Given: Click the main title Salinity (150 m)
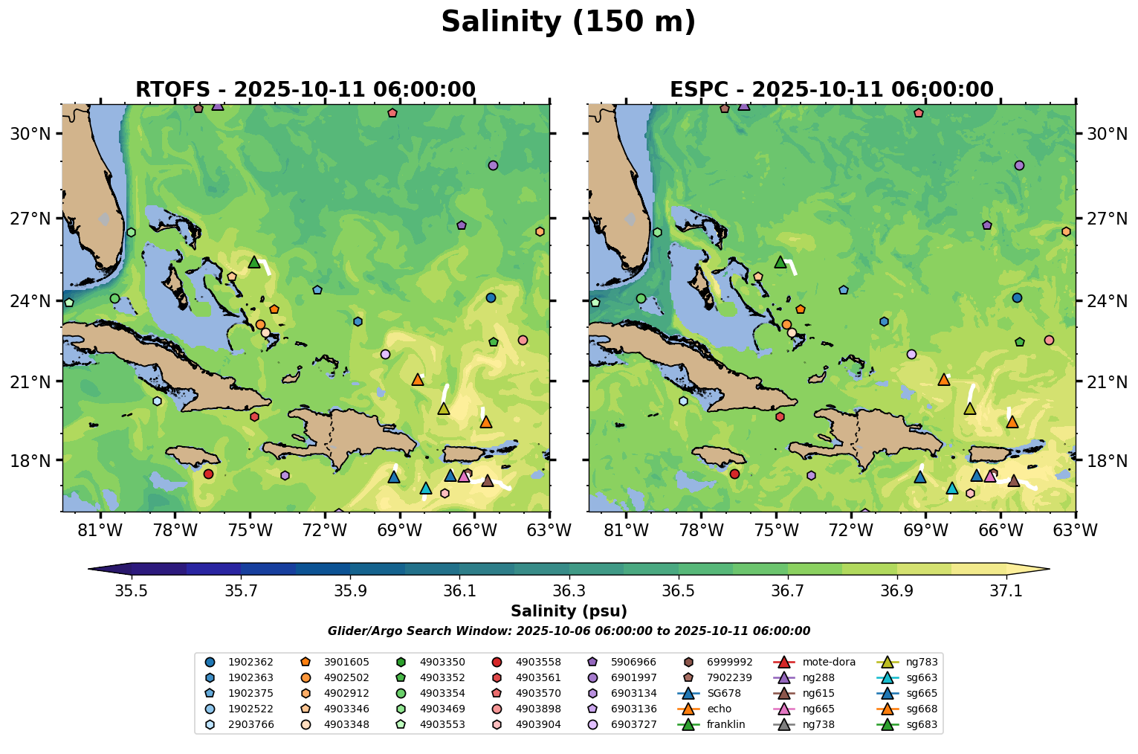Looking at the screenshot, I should point(568,22).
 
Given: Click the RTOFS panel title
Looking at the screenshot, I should point(305,90).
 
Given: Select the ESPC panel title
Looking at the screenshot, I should point(831,90).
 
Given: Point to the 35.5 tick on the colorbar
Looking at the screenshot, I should point(132,591).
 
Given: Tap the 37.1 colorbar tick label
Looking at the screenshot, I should point(1006,591).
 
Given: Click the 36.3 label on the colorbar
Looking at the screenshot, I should point(569,591).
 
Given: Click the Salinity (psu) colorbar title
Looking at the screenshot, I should point(569,611).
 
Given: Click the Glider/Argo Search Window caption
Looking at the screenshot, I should point(569,631).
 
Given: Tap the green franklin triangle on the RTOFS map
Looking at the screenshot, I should point(254,262).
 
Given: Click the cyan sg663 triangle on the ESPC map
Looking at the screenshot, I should point(951,489).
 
